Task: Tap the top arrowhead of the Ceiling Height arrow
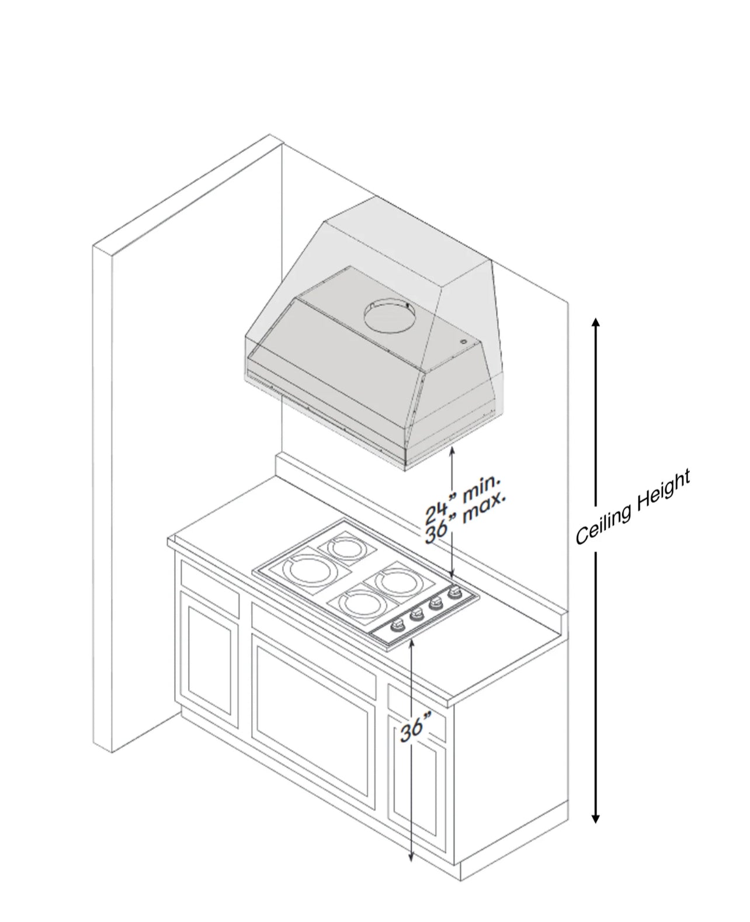pyautogui.click(x=595, y=323)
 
